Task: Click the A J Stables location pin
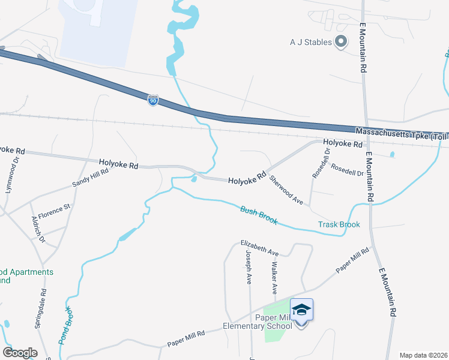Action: [341, 42]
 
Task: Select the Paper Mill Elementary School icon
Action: [301, 311]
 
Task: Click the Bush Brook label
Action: [259, 215]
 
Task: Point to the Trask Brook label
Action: [339, 225]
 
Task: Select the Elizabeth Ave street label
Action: [260, 248]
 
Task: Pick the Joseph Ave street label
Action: [249, 267]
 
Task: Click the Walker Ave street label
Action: [274, 277]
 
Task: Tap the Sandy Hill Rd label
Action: [90, 176]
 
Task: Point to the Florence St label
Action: [54, 211]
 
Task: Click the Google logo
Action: [20, 353]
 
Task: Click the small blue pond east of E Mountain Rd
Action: [392, 155]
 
